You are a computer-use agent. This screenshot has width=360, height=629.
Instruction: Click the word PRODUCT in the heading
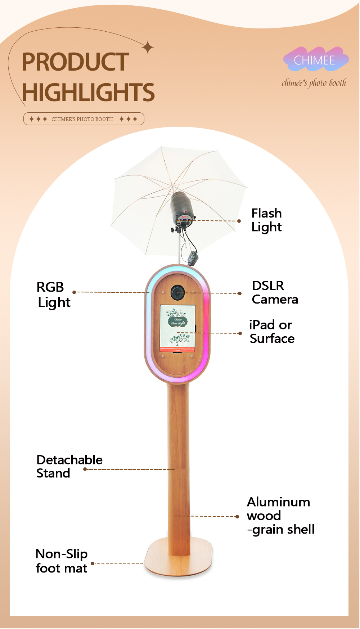point(75,62)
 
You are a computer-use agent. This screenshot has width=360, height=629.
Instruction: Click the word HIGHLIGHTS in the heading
point(88,93)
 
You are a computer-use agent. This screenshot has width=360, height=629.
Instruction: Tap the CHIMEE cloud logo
point(315,60)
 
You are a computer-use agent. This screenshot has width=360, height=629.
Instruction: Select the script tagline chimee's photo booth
point(314,83)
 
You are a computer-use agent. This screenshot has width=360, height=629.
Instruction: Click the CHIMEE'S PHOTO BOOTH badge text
point(82,119)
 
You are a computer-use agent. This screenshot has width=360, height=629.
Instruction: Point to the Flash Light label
point(267,220)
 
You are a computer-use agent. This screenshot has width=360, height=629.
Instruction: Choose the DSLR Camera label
point(275,292)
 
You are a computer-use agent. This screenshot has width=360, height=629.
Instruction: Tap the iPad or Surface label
point(272,332)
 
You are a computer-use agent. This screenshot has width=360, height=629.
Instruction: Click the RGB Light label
point(53,295)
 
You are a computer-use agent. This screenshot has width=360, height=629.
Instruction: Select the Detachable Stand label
point(69,466)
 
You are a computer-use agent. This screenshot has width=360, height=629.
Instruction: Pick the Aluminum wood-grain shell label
point(280,516)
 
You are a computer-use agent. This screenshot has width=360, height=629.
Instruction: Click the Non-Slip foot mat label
point(62,561)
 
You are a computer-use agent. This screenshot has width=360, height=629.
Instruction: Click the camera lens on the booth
point(177,292)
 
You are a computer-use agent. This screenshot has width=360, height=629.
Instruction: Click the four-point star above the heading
point(148,47)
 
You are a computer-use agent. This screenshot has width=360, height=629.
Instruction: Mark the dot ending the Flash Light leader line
point(239,221)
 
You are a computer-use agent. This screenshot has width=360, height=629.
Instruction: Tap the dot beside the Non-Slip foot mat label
point(93,563)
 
